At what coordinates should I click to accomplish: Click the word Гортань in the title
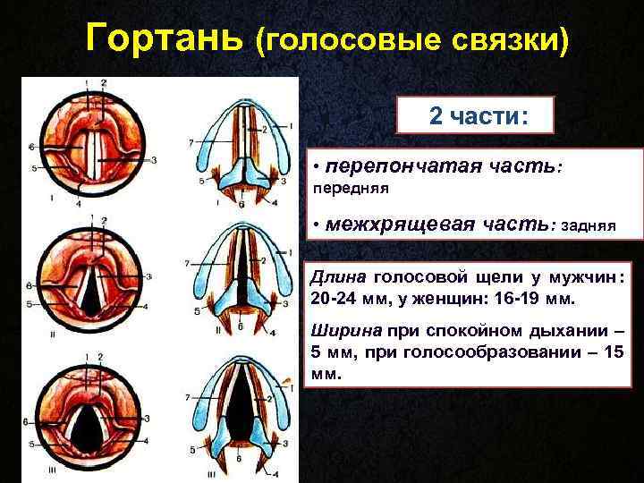point(165,39)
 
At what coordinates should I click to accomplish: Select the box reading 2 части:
point(478,117)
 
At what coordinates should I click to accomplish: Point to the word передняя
point(350,190)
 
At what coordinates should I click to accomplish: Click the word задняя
point(587,225)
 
